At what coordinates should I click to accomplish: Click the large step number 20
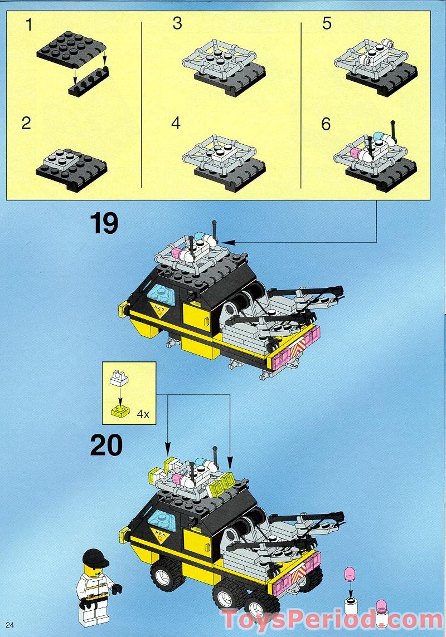tap(106, 445)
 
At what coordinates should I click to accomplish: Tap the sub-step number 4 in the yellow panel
tap(176, 123)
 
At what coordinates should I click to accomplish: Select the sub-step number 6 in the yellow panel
tap(326, 124)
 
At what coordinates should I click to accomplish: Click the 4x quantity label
tap(143, 414)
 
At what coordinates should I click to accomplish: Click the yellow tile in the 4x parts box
tap(119, 411)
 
